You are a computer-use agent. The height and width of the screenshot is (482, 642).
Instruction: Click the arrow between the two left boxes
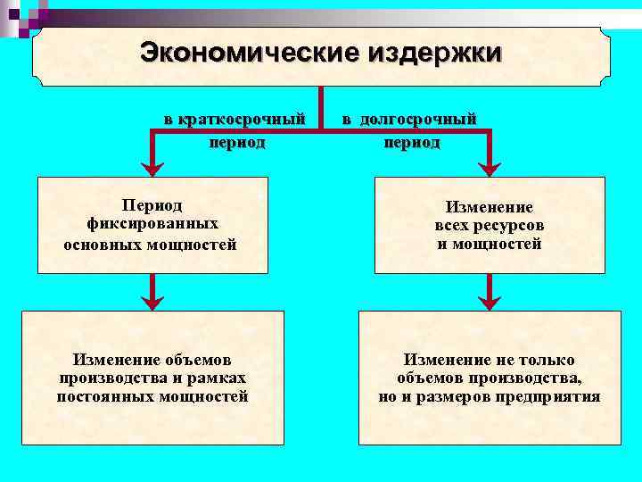pyautogui.click(x=152, y=291)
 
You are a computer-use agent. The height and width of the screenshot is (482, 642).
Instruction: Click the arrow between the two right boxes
pyautogui.click(x=490, y=291)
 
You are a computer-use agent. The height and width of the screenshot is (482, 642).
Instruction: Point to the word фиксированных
pyautogui.click(x=152, y=225)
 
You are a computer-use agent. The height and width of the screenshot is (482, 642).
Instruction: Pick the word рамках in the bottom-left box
pyautogui.click(x=218, y=378)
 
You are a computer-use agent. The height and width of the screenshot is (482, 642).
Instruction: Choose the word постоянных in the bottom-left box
pyautogui.click(x=99, y=397)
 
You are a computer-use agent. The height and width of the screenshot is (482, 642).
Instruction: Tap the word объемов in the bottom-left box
pyautogui.click(x=198, y=360)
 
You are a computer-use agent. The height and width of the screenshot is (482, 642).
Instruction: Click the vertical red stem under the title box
pyautogui.click(x=321, y=108)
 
